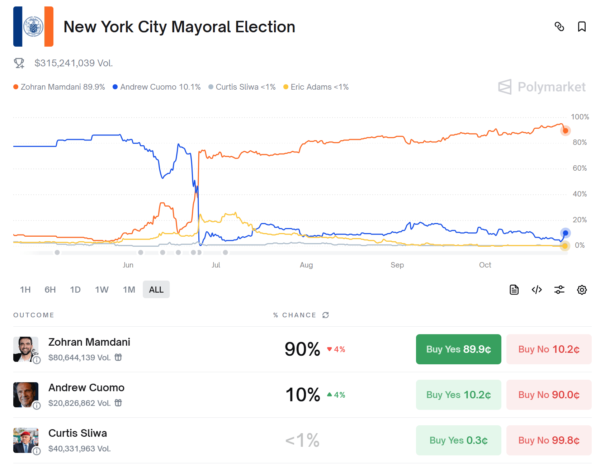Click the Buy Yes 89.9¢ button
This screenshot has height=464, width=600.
(x=458, y=349)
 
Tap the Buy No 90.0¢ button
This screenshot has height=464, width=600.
(x=549, y=395)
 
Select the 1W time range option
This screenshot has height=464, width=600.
(x=102, y=289)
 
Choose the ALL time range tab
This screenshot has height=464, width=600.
(x=156, y=289)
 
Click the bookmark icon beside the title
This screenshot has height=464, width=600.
(x=582, y=27)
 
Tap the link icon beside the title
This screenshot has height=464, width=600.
(x=559, y=27)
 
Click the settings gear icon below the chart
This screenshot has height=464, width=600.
(x=582, y=290)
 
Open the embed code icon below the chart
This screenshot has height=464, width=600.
(x=537, y=290)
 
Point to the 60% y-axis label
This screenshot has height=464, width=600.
(x=580, y=168)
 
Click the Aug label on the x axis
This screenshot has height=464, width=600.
(x=306, y=265)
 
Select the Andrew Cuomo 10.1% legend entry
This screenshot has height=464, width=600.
(x=157, y=87)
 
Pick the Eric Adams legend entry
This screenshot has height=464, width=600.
(x=316, y=87)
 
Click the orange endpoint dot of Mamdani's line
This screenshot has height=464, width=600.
(x=565, y=131)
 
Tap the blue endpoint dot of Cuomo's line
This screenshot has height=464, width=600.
(x=566, y=233)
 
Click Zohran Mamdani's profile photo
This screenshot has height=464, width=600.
(x=26, y=349)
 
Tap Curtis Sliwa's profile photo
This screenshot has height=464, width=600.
(x=26, y=440)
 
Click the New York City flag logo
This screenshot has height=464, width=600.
(x=33, y=27)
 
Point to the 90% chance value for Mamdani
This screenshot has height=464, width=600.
(x=302, y=349)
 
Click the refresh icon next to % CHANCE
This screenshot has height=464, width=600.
(x=326, y=315)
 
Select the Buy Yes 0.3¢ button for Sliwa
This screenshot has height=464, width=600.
(x=458, y=440)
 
